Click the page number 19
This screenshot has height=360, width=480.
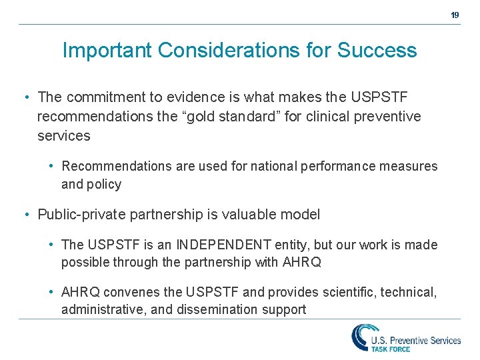point(455,15)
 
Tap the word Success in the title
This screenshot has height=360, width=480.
point(377,51)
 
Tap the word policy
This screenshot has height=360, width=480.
point(105,185)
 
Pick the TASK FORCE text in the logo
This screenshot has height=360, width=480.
point(391,348)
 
